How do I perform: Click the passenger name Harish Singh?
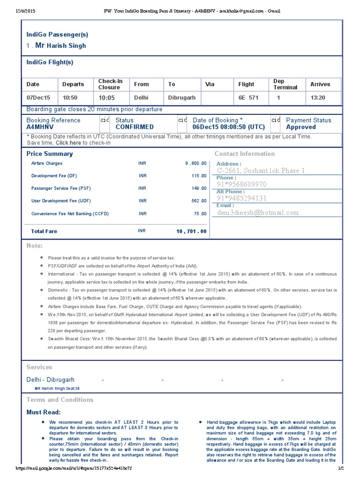coord(66,46)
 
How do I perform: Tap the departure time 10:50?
coord(70,98)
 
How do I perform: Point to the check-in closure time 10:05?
coord(106,98)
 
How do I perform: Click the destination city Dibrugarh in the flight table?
coord(183,98)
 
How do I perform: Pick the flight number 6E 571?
coord(248,98)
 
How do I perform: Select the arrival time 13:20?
coord(318,98)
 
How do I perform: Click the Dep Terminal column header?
coord(285,84)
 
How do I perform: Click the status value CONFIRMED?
coord(135,127)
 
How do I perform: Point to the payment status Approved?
coord(301,127)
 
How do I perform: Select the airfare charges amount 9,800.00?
coord(195,164)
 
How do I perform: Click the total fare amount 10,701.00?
coord(191,232)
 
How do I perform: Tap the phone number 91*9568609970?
coord(241,185)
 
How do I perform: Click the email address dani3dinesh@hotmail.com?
coord(257,212)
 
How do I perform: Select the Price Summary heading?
coord(50,154)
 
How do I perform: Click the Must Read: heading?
coord(44,412)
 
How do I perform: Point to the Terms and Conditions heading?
coord(60,400)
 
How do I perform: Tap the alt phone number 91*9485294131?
coord(241,198)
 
